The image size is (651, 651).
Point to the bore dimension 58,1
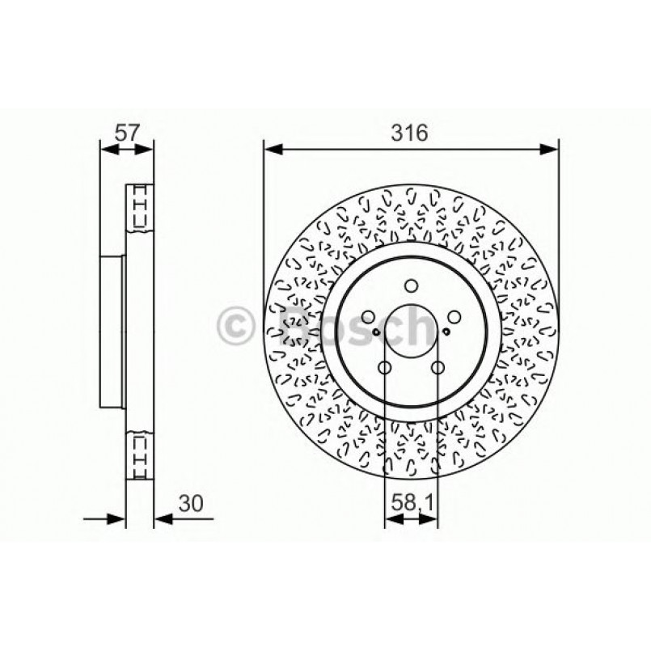411,502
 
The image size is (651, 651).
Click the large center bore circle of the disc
411,332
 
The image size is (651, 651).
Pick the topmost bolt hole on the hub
411,285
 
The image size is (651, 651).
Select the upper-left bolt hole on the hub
368,317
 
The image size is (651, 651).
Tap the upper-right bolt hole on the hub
454,317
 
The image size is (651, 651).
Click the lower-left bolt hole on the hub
384,369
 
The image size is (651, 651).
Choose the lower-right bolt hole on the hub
438,369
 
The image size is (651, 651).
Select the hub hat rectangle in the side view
112,332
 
